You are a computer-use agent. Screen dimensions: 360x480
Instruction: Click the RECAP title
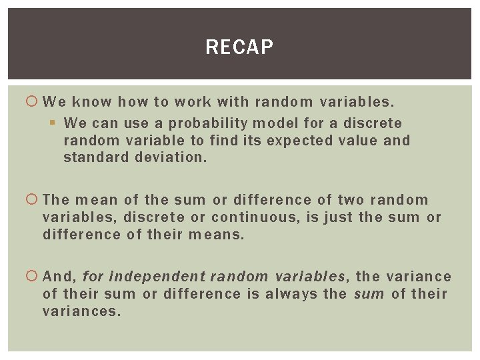click(x=239, y=47)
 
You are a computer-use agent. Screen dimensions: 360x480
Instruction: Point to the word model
click(x=269, y=123)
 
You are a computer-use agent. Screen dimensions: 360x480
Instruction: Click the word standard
click(x=92, y=158)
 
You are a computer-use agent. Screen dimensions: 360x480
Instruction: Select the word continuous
click(x=257, y=217)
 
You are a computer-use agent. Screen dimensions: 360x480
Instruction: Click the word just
click(x=339, y=217)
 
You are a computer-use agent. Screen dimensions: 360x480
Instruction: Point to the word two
click(x=351, y=200)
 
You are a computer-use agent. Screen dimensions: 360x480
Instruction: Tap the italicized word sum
click(x=369, y=294)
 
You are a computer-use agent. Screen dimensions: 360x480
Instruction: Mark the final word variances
click(x=81, y=311)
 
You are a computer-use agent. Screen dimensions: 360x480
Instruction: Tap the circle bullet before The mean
click(x=33, y=200)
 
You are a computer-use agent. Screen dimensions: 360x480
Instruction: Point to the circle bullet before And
click(x=33, y=277)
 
